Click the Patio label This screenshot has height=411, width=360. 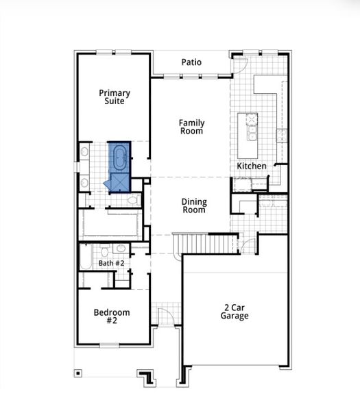click(191, 62)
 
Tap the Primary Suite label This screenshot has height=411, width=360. click(115, 97)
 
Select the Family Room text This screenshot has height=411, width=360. click(192, 127)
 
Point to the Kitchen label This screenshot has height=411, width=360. click(252, 166)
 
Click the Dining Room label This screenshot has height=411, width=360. click(194, 206)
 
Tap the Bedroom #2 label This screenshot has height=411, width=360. click(112, 317)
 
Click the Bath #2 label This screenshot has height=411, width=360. click(111, 263)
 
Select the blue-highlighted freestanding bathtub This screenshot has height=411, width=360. click(120, 157)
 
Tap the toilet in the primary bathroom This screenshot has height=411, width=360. click(134, 199)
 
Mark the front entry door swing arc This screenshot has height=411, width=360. click(165, 316)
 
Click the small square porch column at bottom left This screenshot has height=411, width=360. click(77, 373)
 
